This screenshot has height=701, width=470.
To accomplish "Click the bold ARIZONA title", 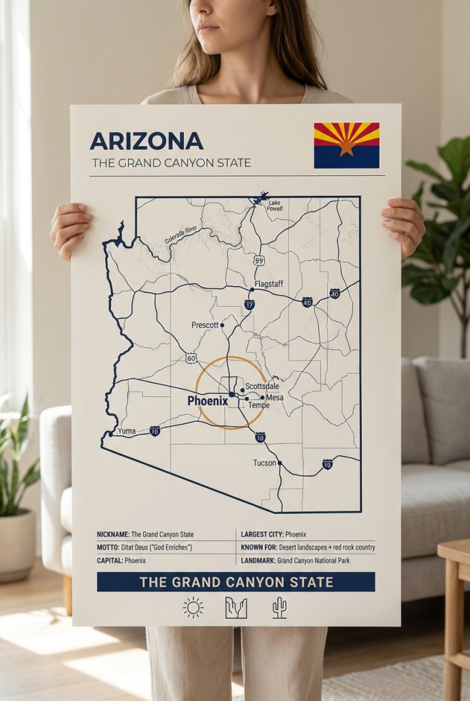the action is click(x=146, y=141).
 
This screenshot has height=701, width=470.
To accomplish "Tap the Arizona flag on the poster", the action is click(x=346, y=145).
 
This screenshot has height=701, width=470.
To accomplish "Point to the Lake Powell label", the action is click(x=274, y=206).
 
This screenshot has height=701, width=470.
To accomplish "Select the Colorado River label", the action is click(x=181, y=235).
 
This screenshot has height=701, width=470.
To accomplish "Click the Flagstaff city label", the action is click(x=268, y=284).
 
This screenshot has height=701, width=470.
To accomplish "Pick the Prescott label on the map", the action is click(x=205, y=324).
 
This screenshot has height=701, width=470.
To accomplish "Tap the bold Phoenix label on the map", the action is click(x=207, y=401).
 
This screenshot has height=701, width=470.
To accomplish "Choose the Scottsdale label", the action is click(x=262, y=387).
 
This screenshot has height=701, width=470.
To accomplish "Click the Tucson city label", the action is click(x=264, y=463).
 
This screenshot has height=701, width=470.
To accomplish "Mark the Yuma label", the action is click(x=127, y=431).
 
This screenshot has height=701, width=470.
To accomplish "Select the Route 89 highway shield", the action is click(x=259, y=260).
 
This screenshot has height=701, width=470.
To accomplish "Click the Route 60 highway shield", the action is click(x=191, y=358).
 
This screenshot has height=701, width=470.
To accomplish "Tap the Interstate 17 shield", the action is click(x=250, y=304).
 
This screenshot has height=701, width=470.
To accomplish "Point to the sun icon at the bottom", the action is click(x=193, y=607).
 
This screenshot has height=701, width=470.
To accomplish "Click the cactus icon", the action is click(x=279, y=607).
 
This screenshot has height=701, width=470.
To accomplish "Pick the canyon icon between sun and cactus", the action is click(x=236, y=607).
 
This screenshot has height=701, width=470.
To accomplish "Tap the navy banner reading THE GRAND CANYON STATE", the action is click(x=236, y=582).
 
